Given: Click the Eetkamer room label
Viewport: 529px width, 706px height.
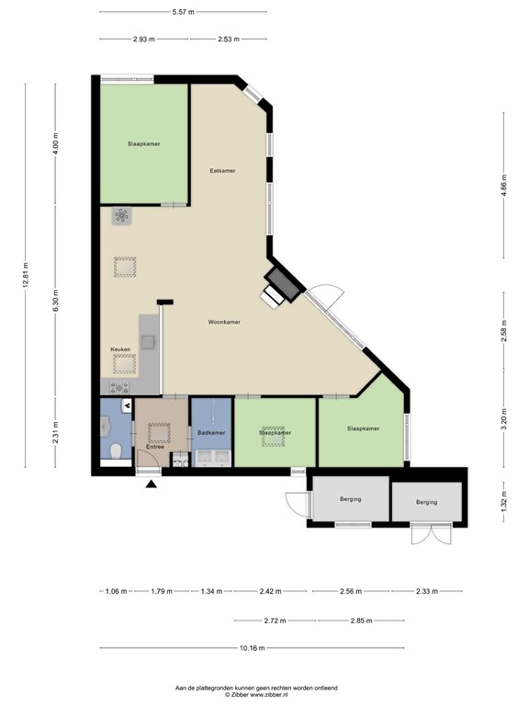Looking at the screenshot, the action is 222,171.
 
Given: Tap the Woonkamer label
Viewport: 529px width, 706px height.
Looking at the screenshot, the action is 224,322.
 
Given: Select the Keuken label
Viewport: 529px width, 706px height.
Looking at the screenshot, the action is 120,349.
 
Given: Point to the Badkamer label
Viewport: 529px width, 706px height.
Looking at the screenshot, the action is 211,433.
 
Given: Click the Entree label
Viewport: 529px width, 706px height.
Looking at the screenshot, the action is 154,447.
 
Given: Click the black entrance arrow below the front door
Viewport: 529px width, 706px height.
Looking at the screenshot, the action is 152,484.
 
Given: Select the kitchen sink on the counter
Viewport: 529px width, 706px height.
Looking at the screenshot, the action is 148,342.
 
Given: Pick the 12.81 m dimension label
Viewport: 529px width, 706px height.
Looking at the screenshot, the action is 26,274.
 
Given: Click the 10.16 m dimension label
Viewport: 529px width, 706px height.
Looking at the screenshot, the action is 252,648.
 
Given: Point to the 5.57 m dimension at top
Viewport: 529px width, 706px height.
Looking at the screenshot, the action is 183,12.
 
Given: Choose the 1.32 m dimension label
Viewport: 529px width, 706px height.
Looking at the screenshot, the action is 503,502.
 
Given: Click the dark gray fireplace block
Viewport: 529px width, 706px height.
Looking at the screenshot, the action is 283,285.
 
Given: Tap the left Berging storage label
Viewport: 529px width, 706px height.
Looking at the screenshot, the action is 351,499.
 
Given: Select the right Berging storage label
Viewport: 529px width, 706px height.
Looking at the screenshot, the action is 426,502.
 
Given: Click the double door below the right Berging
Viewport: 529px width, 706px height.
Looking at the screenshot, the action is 432,534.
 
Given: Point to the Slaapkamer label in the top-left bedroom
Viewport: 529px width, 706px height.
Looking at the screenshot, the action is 143,143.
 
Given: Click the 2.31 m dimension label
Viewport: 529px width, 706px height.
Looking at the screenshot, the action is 55,432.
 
